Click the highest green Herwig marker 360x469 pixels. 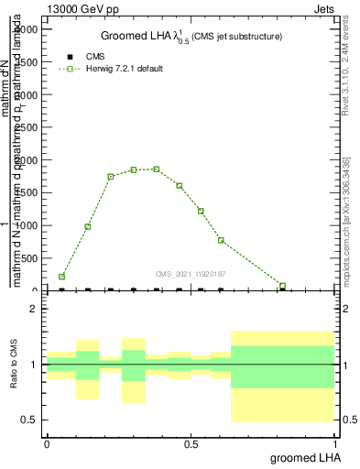tap(157, 169)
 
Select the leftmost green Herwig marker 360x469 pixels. tap(61, 277)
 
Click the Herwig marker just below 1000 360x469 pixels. tap(88, 226)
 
